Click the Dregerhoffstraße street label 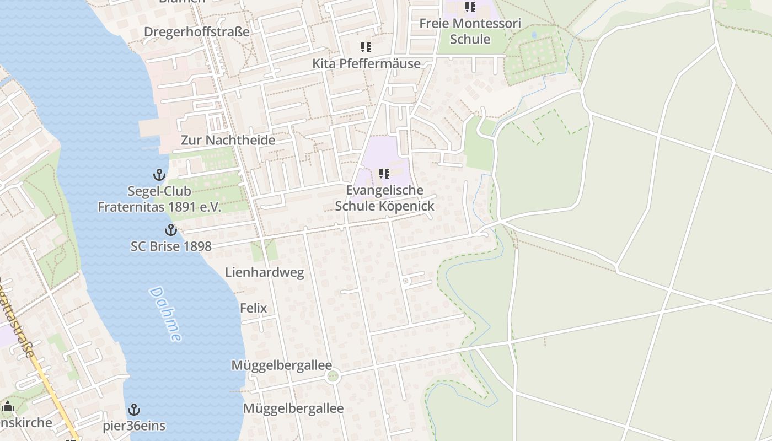pyautogui.click(x=197, y=32)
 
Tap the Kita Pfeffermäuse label pyautogui.click(x=366, y=63)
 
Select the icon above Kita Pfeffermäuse pyautogui.click(x=366, y=47)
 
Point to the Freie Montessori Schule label pyautogui.click(x=470, y=31)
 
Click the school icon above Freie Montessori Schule pyautogui.click(x=470, y=7)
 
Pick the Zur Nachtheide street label pyautogui.click(x=228, y=140)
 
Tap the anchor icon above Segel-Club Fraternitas pyautogui.click(x=159, y=175)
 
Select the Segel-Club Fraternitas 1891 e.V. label pyautogui.click(x=159, y=199)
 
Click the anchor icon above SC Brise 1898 pyautogui.click(x=171, y=230)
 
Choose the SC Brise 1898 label pyautogui.click(x=171, y=246)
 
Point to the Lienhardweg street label pyautogui.click(x=264, y=272)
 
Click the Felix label pyautogui.click(x=254, y=308)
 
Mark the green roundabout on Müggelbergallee pyautogui.click(x=332, y=377)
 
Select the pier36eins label pyautogui.click(x=134, y=426)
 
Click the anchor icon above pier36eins pyautogui.click(x=133, y=410)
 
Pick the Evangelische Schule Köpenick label pyautogui.click(x=384, y=198)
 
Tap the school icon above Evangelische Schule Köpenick pyautogui.click(x=384, y=174)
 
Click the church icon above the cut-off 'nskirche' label pyautogui.click(x=8, y=407)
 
